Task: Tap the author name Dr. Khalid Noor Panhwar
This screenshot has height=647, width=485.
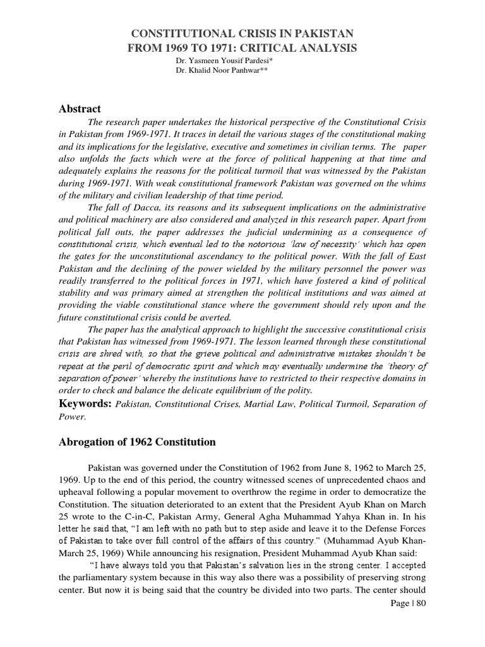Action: click(213, 71)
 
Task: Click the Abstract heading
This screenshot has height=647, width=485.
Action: click(80, 109)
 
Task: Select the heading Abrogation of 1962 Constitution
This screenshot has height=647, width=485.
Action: click(137, 442)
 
